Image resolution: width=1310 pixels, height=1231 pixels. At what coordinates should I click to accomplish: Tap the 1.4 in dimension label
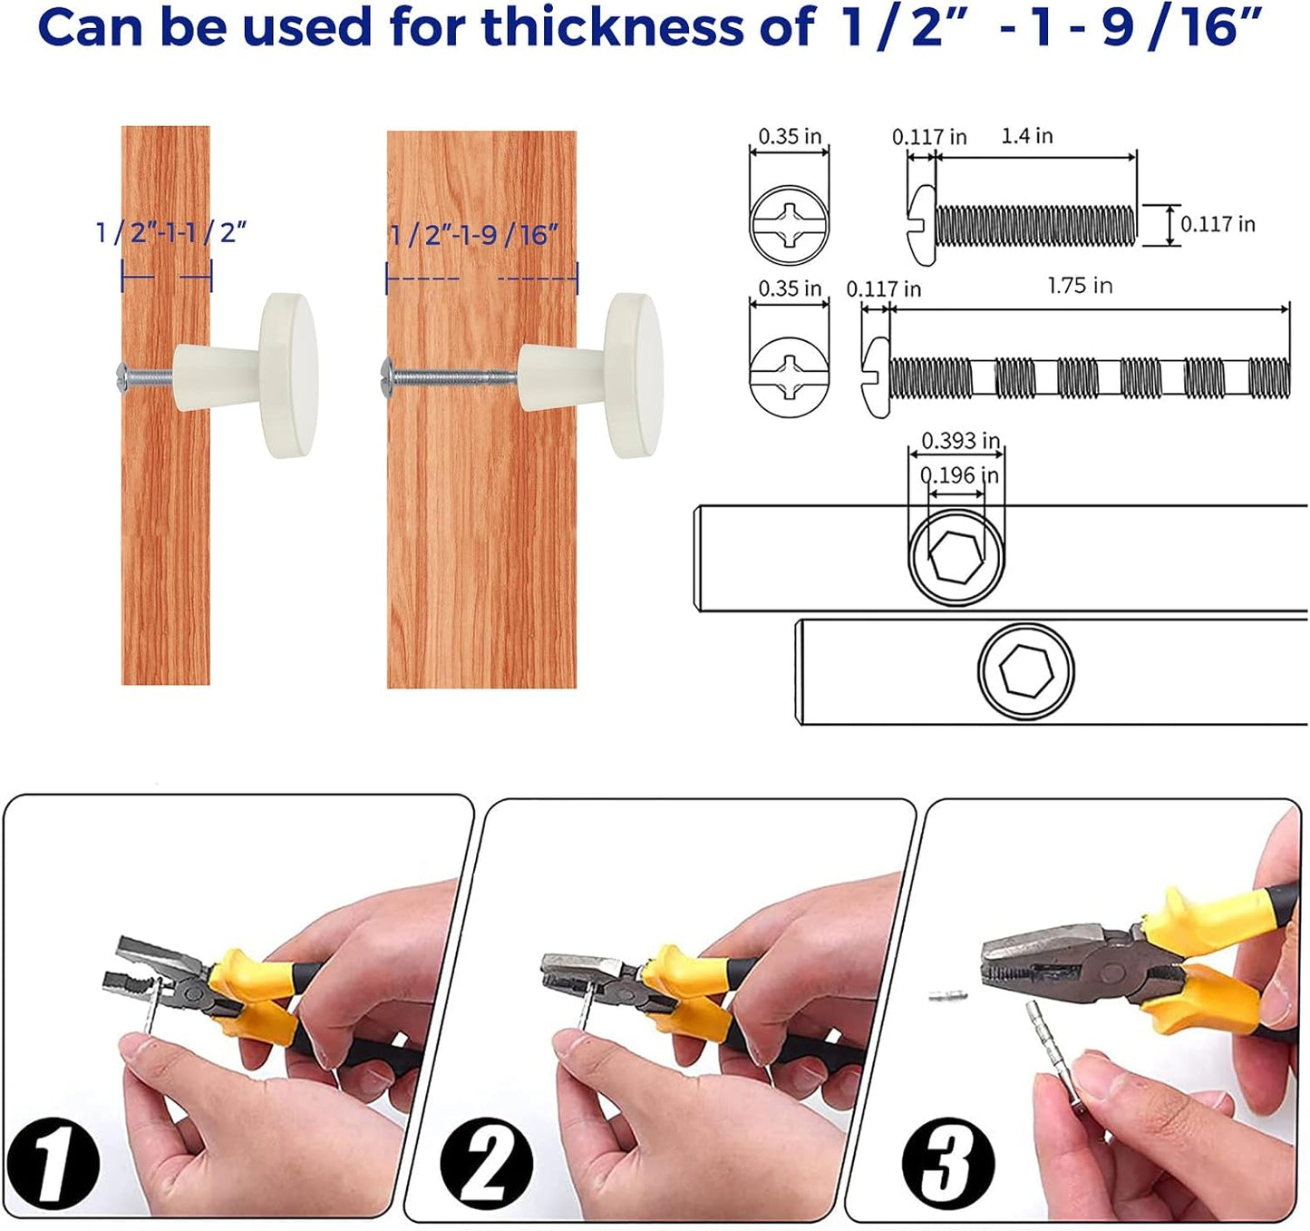(x=1026, y=136)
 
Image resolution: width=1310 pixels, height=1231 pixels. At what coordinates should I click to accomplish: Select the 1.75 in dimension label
(x=1079, y=286)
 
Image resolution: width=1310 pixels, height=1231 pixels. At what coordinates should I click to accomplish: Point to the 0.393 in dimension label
(x=960, y=441)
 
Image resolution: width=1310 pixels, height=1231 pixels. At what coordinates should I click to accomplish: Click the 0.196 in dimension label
(x=959, y=475)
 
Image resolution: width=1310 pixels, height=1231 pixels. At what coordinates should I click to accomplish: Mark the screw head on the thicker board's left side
(x=387, y=373)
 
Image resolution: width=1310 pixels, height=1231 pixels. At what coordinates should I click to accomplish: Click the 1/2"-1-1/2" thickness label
(x=171, y=233)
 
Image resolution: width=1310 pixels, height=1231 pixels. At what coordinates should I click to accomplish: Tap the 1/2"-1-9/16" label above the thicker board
(x=473, y=236)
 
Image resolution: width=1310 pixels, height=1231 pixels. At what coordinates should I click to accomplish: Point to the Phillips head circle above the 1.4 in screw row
(x=789, y=223)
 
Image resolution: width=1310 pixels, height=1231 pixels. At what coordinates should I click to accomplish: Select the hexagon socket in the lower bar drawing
(x=1025, y=671)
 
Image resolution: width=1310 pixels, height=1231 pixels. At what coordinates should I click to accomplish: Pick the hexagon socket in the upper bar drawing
(x=956, y=555)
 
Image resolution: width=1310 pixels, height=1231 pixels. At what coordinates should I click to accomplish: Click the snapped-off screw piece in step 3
(x=948, y=995)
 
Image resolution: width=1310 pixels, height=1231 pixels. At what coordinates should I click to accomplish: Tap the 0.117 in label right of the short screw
(x=1218, y=224)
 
